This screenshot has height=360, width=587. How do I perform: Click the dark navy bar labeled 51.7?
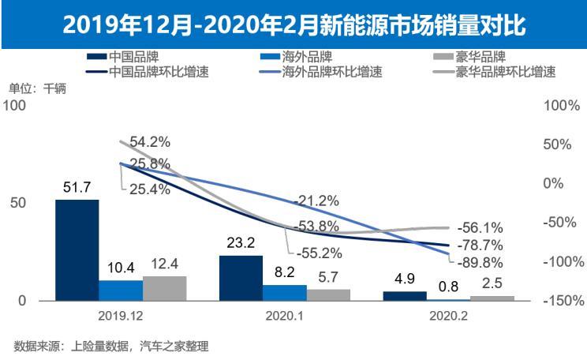click(77, 249)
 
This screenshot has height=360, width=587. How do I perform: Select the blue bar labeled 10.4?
click(121, 290)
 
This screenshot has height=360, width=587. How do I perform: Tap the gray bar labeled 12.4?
click(164, 288)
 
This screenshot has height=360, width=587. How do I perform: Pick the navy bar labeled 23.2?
click(241, 278)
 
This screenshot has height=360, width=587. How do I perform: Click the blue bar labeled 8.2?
click(284, 292)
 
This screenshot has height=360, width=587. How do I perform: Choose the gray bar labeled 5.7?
click(327, 294)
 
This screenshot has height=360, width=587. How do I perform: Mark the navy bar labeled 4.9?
click(404, 295)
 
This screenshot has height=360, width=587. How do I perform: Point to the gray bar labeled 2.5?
click(492, 298)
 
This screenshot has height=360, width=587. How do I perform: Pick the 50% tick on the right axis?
click(563, 144)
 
